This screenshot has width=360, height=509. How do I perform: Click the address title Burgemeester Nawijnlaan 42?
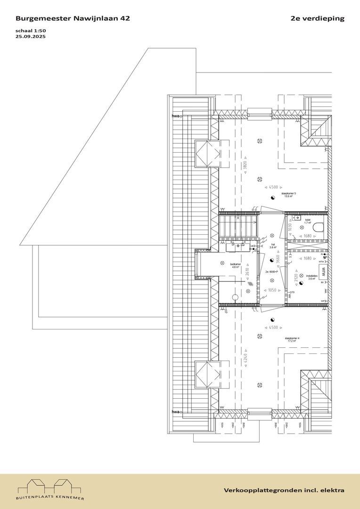click(x=73, y=18)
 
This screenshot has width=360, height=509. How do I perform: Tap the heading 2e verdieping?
click(x=318, y=18)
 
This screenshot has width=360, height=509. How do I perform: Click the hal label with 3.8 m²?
click(x=272, y=246)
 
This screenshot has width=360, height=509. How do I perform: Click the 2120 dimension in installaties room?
click(x=296, y=277)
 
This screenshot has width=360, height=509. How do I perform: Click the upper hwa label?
click(x=176, y=116)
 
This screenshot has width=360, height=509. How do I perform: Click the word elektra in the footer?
click(x=332, y=491)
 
